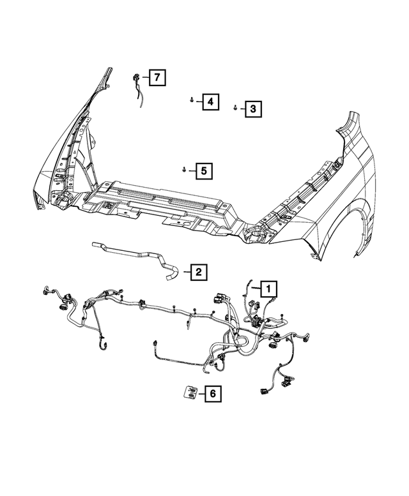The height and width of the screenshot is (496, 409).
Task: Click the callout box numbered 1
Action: coord(268,289)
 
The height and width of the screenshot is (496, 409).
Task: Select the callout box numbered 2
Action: coord(198,273)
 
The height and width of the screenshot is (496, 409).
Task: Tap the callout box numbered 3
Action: coord(252,109)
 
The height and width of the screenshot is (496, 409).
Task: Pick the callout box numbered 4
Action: coord(210,101)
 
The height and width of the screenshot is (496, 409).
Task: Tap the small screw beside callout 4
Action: coord(192,100)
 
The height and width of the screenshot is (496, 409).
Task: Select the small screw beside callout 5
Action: coord(184,170)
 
